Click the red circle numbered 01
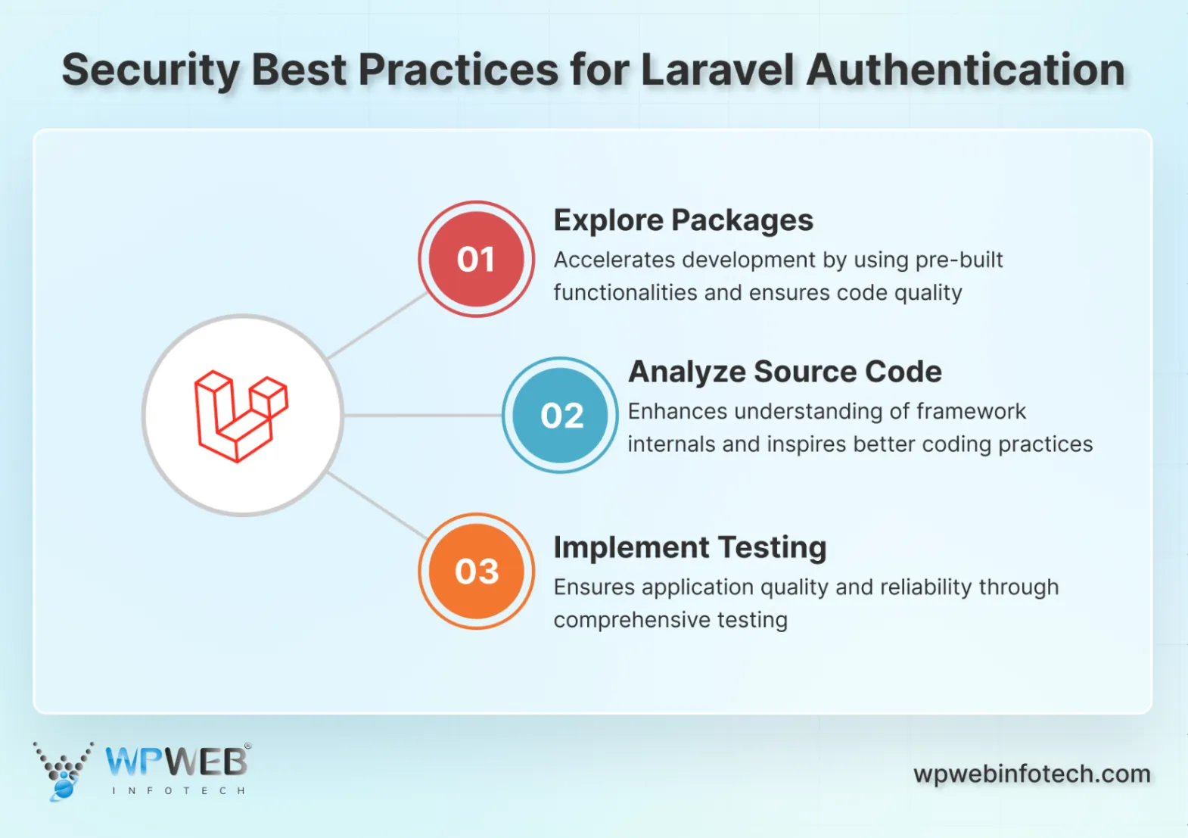pyautogui.click(x=476, y=259)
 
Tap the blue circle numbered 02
pyautogui.click(x=560, y=415)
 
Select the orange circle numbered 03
pyautogui.click(x=476, y=571)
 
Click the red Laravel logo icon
pyautogui.click(x=241, y=416)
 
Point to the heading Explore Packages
pyautogui.click(x=683, y=220)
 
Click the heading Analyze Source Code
pyautogui.click(x=785, y=372)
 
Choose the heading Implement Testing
pyautogui.click(x=689, y=547)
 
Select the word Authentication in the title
pyautogui.click(x=966, y=70)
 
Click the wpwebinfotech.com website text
pyautogui.click(x=1031, y=774)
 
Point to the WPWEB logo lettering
pyautogui.click(x=176, y=762)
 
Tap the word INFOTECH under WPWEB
pyautogui.click(x=179, y=791)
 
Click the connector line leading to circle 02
pyautogui.click(x=422, y=415)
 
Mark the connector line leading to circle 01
pyautogui.click(x=377, y=326)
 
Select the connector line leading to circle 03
pyautogui.click(x=377, y=505)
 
